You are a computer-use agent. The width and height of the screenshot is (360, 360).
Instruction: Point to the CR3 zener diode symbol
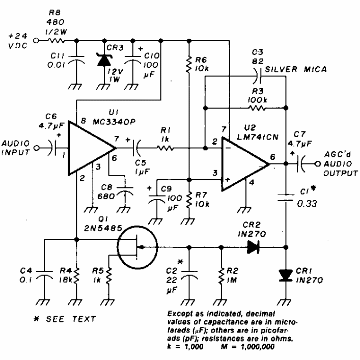point(104,60)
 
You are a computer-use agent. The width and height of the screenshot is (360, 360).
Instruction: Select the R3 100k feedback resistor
point(258,108)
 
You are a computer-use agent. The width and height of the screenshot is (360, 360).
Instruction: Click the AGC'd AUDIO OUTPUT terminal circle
point(318,164)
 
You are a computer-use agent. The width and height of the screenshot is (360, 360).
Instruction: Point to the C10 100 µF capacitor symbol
point(133,60)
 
